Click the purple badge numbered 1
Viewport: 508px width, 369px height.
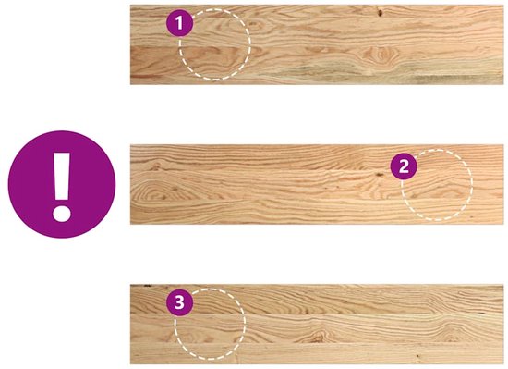(179, 23)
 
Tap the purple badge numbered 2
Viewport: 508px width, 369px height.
(404, 166)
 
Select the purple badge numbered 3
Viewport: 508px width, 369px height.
(179, 302)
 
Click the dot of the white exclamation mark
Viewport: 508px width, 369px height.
(62, 214)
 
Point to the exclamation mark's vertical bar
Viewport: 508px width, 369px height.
(62, 176)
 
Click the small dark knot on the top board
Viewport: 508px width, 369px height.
(380, 13)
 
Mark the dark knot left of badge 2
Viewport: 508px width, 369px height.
(378, 175)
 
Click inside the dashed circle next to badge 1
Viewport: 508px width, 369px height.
(214, 44)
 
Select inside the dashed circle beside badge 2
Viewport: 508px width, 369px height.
(437, 185)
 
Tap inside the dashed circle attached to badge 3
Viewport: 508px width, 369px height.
(210, 324)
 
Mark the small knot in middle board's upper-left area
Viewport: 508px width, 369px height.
(156, 166)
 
